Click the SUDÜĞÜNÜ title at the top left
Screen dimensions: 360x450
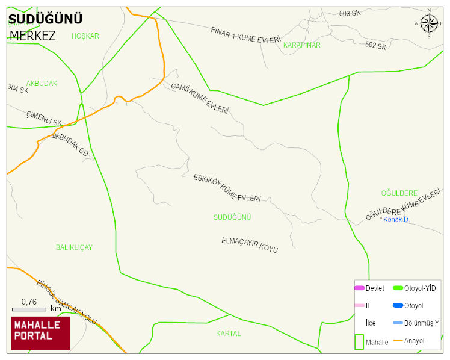[x=45, y=19]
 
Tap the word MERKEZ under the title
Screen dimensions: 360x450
[x=32, y=36]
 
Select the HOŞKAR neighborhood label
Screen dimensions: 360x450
[x=85, y=36]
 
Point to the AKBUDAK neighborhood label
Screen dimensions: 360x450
[x=42, y=84]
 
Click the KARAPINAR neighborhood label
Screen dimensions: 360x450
[x=301, y=45]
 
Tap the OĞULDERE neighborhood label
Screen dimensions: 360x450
[x=399, y=193]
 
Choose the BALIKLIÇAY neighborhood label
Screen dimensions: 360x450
[x=74, y=247]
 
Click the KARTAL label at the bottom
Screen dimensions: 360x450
[x=228, y=333]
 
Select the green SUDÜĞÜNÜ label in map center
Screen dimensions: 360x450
[x=232, y=217]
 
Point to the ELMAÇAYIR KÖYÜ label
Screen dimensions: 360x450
[x=250, y=244]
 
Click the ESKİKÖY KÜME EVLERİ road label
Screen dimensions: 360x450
[x=227, y=188]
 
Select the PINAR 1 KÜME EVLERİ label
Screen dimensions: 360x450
[x=245, y=35]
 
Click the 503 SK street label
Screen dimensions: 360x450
[x=350, y=13]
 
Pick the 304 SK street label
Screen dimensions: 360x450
[x=18, y=90]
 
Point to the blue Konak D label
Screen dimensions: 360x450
[x=395, y=220]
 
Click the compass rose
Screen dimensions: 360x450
[x=429, y=23]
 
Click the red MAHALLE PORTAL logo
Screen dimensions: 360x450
[x=41, y=333]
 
